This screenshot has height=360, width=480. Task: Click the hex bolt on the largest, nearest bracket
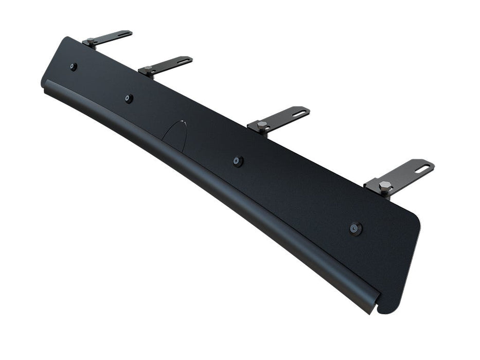(384, 186)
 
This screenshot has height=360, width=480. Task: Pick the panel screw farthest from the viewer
(74, 66)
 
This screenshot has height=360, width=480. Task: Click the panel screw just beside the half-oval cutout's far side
(129, 98)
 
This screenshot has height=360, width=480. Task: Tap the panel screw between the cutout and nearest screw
(236, 161)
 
